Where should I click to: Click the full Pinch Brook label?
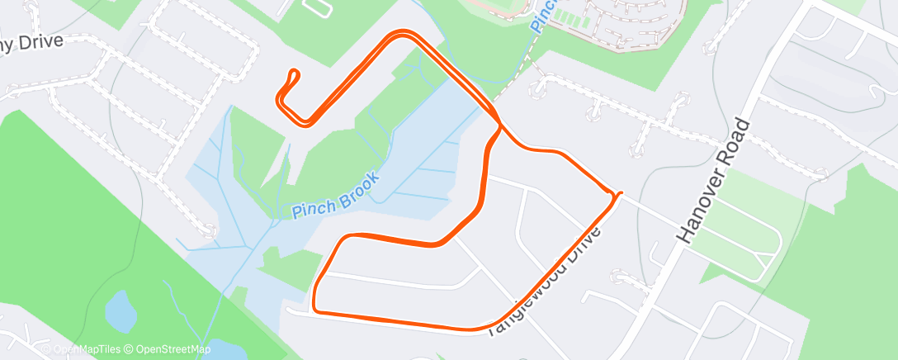(x=336, y=195)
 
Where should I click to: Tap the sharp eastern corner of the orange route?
(x=617, y=194)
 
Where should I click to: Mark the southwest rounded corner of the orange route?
(x=316, y=310)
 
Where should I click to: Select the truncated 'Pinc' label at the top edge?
(x=541, y=17)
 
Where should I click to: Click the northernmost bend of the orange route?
(x=402, y=34)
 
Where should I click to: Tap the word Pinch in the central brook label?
(x=310, y=207)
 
